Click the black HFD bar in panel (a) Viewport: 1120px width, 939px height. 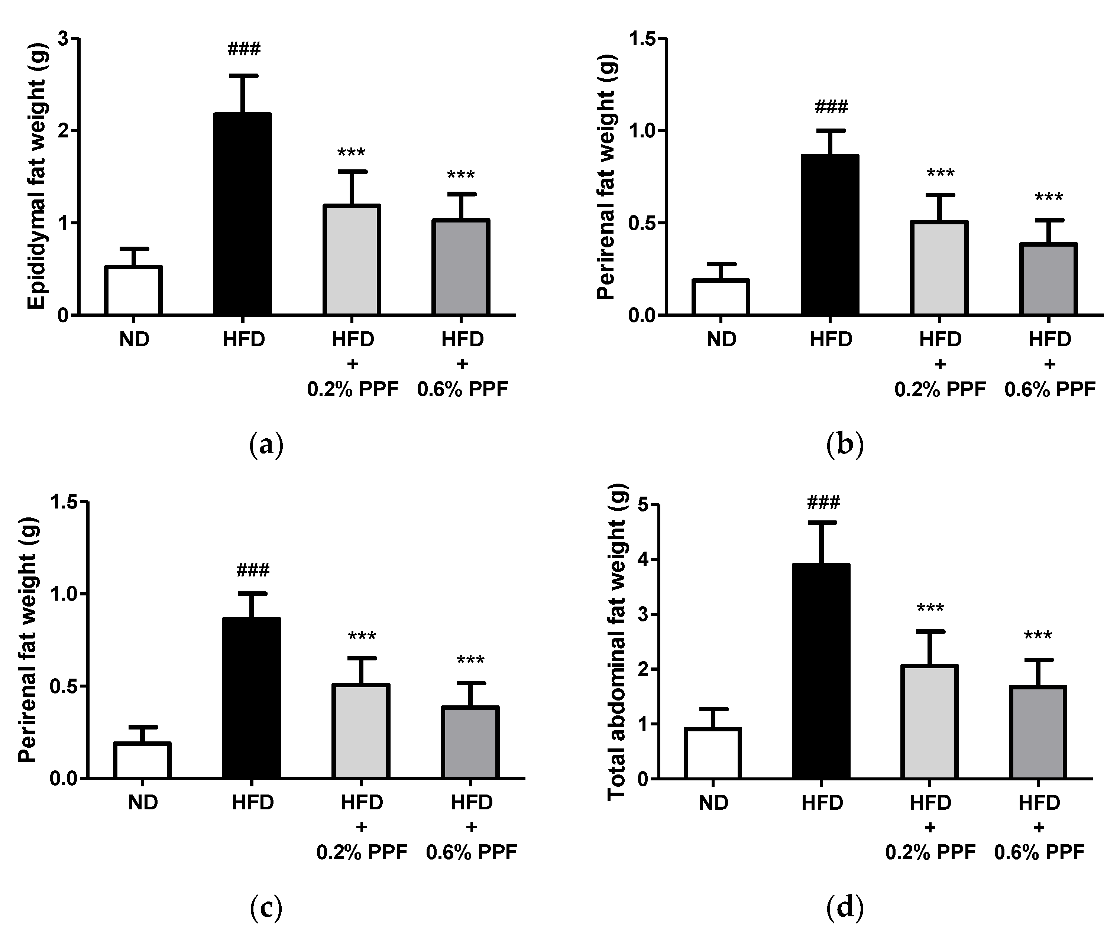(243, 213)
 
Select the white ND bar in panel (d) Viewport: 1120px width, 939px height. (713, 753)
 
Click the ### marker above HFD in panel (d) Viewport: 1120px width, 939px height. (823, 502)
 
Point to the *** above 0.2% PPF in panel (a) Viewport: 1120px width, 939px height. (352, 153)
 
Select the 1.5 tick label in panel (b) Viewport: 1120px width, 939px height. (642, 39)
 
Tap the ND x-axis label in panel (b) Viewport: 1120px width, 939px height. (722, 339)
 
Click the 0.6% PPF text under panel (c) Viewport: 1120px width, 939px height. (472, 852)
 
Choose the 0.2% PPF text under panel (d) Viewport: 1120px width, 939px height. (930, 852)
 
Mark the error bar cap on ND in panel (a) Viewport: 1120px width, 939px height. (134, 249)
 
